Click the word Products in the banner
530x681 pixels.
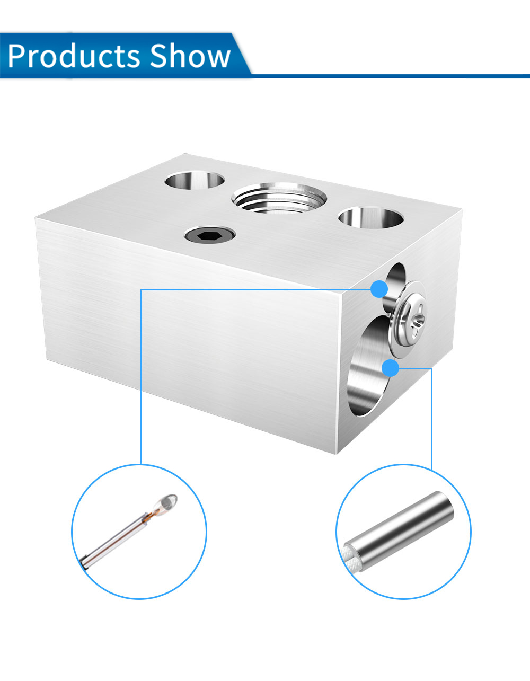click(74, 56)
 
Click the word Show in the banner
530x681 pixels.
click(190, 56)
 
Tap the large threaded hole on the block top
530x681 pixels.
click(279, 198)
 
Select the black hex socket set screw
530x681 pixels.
click(210, 234)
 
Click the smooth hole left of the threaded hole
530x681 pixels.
click(195, 180)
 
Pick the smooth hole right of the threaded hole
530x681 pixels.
click(371, 217)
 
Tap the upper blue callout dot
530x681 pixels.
click(379, 289)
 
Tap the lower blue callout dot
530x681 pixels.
click(391, 368)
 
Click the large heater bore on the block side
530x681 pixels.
click(367, 367)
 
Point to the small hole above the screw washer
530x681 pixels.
click(394, 284)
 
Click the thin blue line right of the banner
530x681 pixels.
click(390, 76)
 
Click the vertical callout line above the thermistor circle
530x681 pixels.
click(141, 377)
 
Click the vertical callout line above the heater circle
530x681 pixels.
click(431, 419)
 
